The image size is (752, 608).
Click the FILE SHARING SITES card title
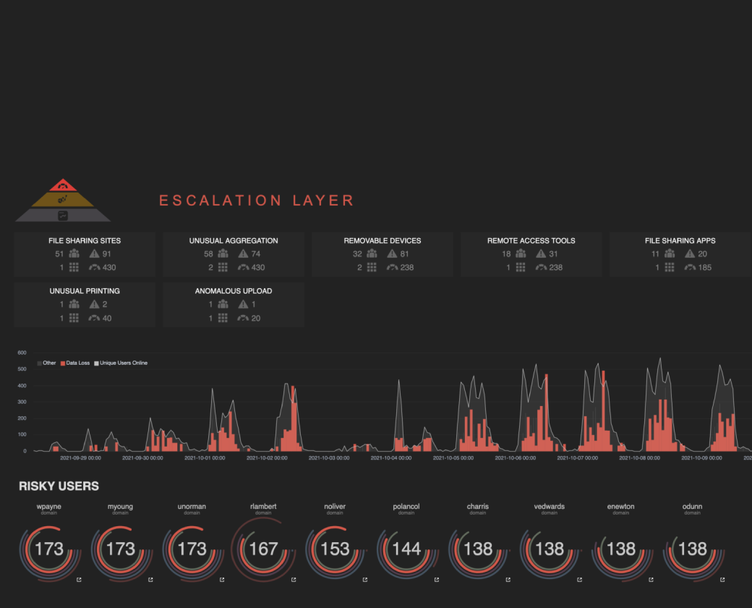(x=85, y=240)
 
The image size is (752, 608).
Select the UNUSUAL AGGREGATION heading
(x=234, y=240)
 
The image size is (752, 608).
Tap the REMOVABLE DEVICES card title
(x=383, y=240)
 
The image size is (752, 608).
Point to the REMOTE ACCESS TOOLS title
(x=531, y=240)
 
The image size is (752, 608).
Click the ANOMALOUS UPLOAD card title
(x=234, y=291)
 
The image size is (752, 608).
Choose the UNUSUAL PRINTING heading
(x=85, y=291)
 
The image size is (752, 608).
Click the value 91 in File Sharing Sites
(x=106, y=254)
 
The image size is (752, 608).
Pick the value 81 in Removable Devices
(x=404, y=254)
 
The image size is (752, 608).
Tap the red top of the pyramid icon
(x=63, y=185)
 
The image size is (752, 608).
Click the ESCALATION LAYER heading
(x=257, y=200)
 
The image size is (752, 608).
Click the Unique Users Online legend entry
(x=121, y=363)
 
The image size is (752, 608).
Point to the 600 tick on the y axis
(x=22, y=352)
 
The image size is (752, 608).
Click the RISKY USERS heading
(x=59, y=486)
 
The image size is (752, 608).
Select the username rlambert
(x=263, y=507)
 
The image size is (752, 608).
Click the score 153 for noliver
(x=335, y=549)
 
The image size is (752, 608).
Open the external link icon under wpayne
(x=79, y=580)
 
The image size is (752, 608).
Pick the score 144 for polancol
(x=406, y=549)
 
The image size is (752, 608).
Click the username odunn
(x=692, y=507)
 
